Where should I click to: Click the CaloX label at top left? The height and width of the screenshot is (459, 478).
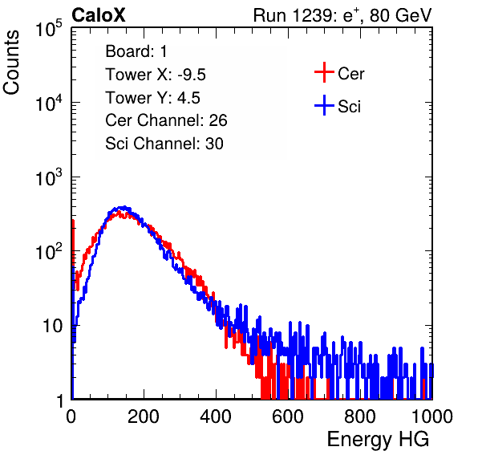click(98, 15)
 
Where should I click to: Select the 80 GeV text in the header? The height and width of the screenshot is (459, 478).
click(401, 15)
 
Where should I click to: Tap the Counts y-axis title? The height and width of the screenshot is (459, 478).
click(11, 63)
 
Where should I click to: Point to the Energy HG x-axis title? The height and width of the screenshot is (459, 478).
click(378, 439)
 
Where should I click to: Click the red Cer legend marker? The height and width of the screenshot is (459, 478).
click(324, 72)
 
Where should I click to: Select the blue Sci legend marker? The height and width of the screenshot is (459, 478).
click(324, 105)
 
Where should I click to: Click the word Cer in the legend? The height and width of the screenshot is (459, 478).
click(350, 74)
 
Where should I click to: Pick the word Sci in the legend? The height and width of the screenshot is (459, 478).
click(349, 107)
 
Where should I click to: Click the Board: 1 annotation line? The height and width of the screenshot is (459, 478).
click(136, 51)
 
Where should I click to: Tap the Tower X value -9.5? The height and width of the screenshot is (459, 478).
click(192, 75)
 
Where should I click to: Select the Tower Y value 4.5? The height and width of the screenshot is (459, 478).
click(188, 98)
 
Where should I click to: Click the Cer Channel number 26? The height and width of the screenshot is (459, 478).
click(218, 120)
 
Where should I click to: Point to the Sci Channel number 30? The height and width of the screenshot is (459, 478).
click(214, 144)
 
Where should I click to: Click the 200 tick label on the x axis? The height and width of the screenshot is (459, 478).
click(144, 416)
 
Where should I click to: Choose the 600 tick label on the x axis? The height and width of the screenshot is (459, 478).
click(288, 416)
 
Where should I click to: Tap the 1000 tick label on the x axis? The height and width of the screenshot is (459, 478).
click(432, 416)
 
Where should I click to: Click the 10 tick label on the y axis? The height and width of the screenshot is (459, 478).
click(53, 326)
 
